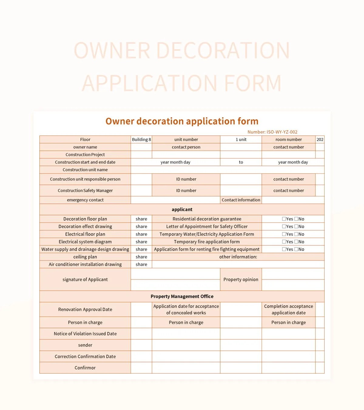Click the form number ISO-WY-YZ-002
tap(272, 132)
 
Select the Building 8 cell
tap(141, 139)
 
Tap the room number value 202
tap(320, 139)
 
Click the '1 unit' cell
tap(241, 139)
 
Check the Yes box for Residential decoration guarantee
tap(284, 219)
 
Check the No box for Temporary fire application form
tap(296, 241)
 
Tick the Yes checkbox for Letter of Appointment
tap(284, 226)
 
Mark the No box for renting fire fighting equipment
tap(296, 249)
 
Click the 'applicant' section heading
tap(182, 209)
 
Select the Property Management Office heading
tap(182, 296)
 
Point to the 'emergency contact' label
tap(85, 200)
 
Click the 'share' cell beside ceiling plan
tap(141, 257)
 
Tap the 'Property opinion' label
tap(241, 279)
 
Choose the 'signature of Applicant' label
tap(85, 279)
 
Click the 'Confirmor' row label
tap(85, 367)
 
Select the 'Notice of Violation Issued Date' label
tap(85, 333)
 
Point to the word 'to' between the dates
tap(241, 162)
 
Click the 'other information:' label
tap(238, 257)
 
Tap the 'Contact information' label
tap(241, 200)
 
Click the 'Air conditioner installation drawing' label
tap(85, 264)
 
